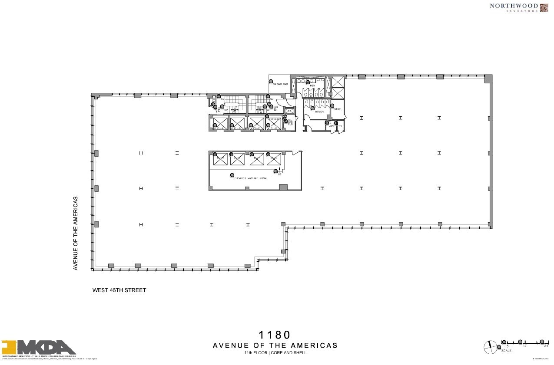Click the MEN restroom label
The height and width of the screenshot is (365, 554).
(312, 85)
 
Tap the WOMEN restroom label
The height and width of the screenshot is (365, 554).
(319, 112)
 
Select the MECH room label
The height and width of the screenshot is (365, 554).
(338, 109)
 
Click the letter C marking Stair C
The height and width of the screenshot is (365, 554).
(219, 110)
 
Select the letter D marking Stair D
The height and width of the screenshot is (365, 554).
(275, 110)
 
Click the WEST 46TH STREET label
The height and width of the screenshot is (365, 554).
(119, 290)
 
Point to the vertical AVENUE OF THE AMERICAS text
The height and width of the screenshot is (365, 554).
(76, 233)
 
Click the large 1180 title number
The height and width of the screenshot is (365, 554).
(275, 335)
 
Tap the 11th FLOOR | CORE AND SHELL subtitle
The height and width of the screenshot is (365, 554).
(275, 353)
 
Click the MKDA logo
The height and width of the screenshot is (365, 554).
(39, 347)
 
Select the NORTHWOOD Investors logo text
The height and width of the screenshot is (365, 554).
(514, 7)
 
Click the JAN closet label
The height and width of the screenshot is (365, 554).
(330, 126)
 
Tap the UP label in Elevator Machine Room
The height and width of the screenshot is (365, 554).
(280, 174)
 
